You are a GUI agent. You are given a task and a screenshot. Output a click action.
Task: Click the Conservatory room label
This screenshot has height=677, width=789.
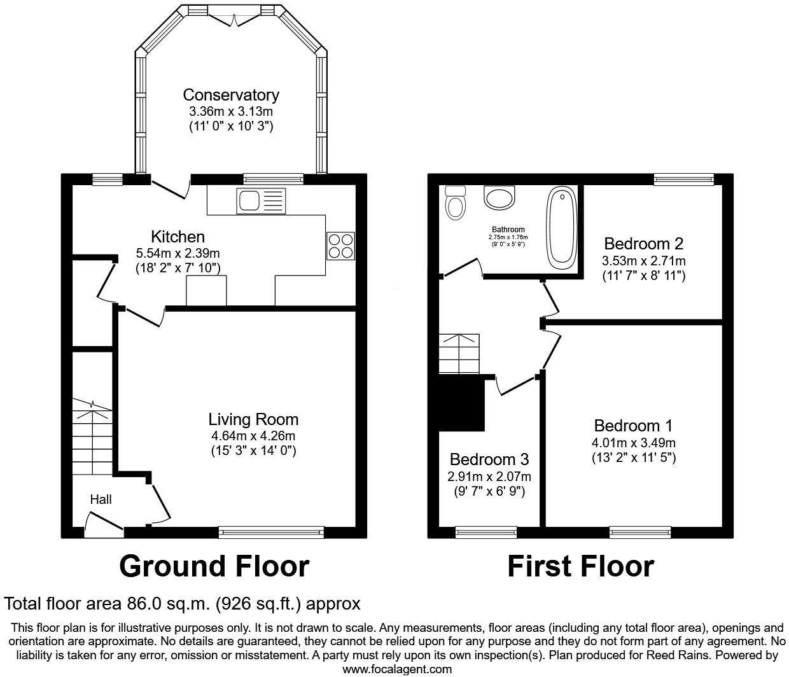click(x=230, y=95)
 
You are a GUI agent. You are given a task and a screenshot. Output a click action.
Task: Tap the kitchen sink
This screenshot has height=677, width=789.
click(x=261, y=202)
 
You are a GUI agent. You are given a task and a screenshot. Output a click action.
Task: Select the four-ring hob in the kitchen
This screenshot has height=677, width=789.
click(x=340, y=246)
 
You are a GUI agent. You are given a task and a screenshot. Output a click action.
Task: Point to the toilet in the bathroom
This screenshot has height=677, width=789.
click(x=456, y=203)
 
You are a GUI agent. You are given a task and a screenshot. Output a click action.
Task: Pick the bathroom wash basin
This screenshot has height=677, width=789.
click(x=500, y=197)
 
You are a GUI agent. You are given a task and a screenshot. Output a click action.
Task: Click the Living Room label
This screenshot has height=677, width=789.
click(x=253, y=419)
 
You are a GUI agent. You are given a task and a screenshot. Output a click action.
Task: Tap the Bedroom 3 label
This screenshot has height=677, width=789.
click(x=489, y=459)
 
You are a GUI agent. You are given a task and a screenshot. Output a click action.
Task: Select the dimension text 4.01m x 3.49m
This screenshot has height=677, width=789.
click(x=634, y=443)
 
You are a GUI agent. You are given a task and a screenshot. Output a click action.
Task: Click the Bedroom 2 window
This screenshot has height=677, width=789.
click(x=684, y=180)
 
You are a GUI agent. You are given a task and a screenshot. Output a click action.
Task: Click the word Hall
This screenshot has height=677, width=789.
click(x=101, y=499)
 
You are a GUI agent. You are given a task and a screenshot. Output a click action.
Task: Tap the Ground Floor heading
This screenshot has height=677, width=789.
click(x=214, y=566)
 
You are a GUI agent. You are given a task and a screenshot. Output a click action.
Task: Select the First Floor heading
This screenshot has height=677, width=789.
click(x=580, y=566)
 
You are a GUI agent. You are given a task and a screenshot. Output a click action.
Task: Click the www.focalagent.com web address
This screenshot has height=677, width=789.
click(x=397, y=669)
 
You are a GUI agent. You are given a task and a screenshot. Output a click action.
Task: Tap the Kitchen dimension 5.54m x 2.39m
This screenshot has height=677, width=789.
click(x=178, y=253)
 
